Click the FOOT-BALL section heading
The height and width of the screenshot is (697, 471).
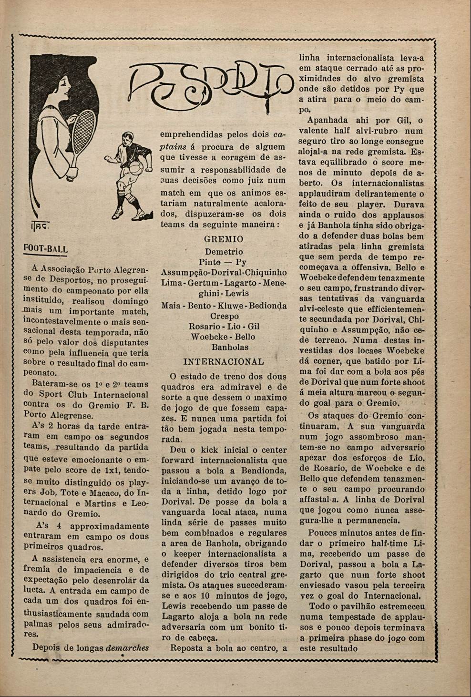(46, 249)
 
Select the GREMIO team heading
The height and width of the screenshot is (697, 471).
(223, 239)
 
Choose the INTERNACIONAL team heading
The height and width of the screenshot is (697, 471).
(223, 361)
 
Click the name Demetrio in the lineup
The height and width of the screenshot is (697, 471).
(224, 252)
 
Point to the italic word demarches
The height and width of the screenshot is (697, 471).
(127, 647)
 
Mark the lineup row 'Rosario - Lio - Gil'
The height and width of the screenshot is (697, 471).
(224, 327)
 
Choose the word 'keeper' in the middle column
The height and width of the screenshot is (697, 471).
(188, 554)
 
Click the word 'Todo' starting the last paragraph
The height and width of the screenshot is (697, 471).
(319, 606)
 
